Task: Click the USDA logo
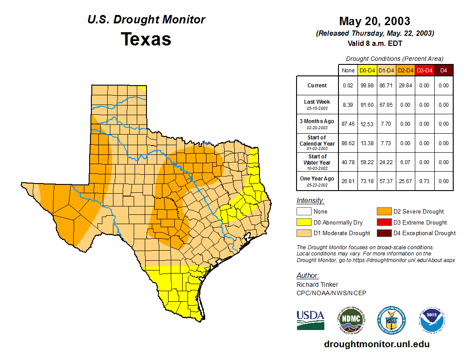(310, 320)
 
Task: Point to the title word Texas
(146, 39)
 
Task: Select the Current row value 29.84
(405, 86)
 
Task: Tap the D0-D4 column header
(367, 71)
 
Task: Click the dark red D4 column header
(443, 71)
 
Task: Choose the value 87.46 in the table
(348, 124)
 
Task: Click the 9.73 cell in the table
(424, 181)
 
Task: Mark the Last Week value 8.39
(348, 105)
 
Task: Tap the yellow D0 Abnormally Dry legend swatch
(304, 222)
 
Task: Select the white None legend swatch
(304, 212)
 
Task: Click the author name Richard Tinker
(317, 285)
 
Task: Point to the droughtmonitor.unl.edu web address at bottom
(376, 344)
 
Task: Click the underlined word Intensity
(310, 201)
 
